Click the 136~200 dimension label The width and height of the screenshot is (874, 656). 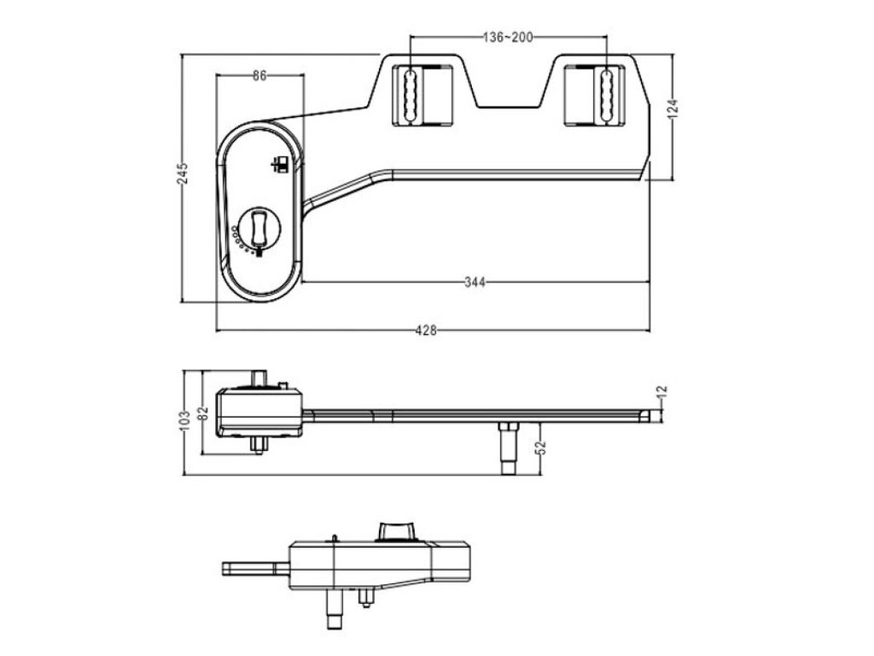(508, 38)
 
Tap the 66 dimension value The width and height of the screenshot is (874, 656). (260, 75)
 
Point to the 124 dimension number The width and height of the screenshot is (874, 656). (673, 108)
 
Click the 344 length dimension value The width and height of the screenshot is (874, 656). (475, 283)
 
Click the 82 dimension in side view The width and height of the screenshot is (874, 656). (203, 413)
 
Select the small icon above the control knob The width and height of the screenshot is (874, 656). (278, 164)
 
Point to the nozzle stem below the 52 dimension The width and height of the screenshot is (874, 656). (507, 448)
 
